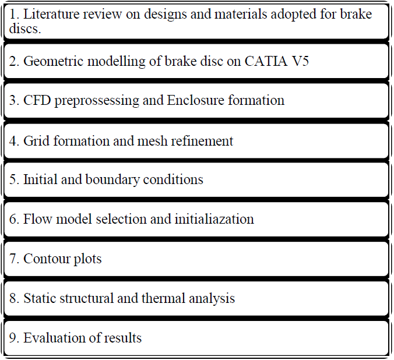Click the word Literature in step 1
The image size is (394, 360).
tap(49, 14)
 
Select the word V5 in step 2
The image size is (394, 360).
tap(298, 61)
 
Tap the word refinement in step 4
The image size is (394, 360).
tap(201, 141)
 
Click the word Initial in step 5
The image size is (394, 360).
tap(40, 179)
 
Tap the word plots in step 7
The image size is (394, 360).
tap(87, 259)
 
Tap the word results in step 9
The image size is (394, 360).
tap(123, 338)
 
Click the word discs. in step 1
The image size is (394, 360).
tap(24, 28)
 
